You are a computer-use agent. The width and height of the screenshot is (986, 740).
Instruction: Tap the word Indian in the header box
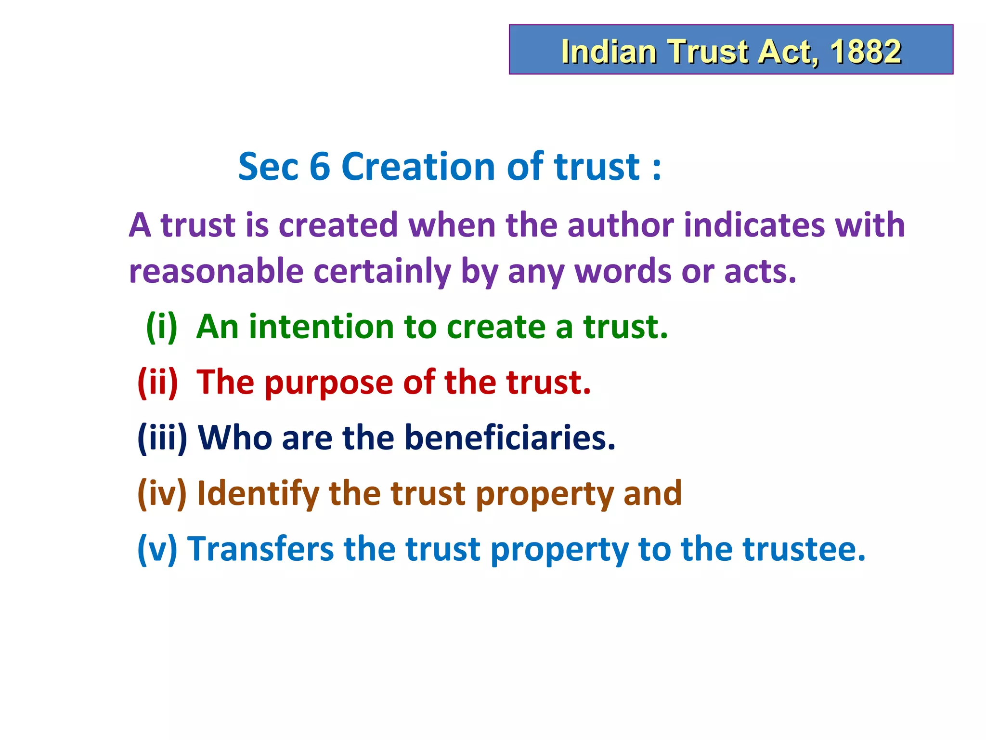(x=609, y=52)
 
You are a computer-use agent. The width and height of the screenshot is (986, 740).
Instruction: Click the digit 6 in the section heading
(x=319, y=167)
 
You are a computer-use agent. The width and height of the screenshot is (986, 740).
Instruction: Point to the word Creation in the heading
(x=418, y=167)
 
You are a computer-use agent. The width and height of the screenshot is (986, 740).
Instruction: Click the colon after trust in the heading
(x=657, y=169)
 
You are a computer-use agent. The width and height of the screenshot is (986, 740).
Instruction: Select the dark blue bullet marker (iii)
(x=162, y=438)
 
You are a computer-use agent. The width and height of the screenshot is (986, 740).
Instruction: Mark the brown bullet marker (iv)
(x=162, y=493)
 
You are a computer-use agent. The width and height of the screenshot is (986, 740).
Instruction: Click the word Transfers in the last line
(x=260, y=549)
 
